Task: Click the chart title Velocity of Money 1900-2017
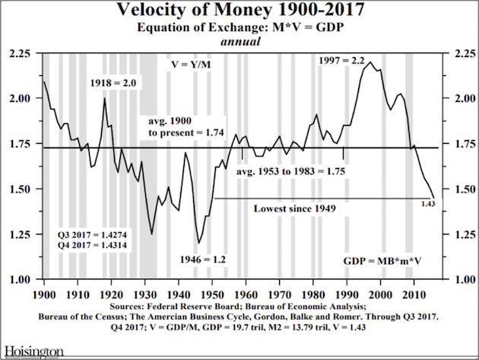point(239,11)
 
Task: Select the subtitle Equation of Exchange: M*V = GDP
point(239,28)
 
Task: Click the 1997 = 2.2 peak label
point(343,60)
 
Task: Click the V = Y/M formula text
point(192,64)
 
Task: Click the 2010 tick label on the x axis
point(413,292)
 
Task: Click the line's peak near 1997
point(370,62)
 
